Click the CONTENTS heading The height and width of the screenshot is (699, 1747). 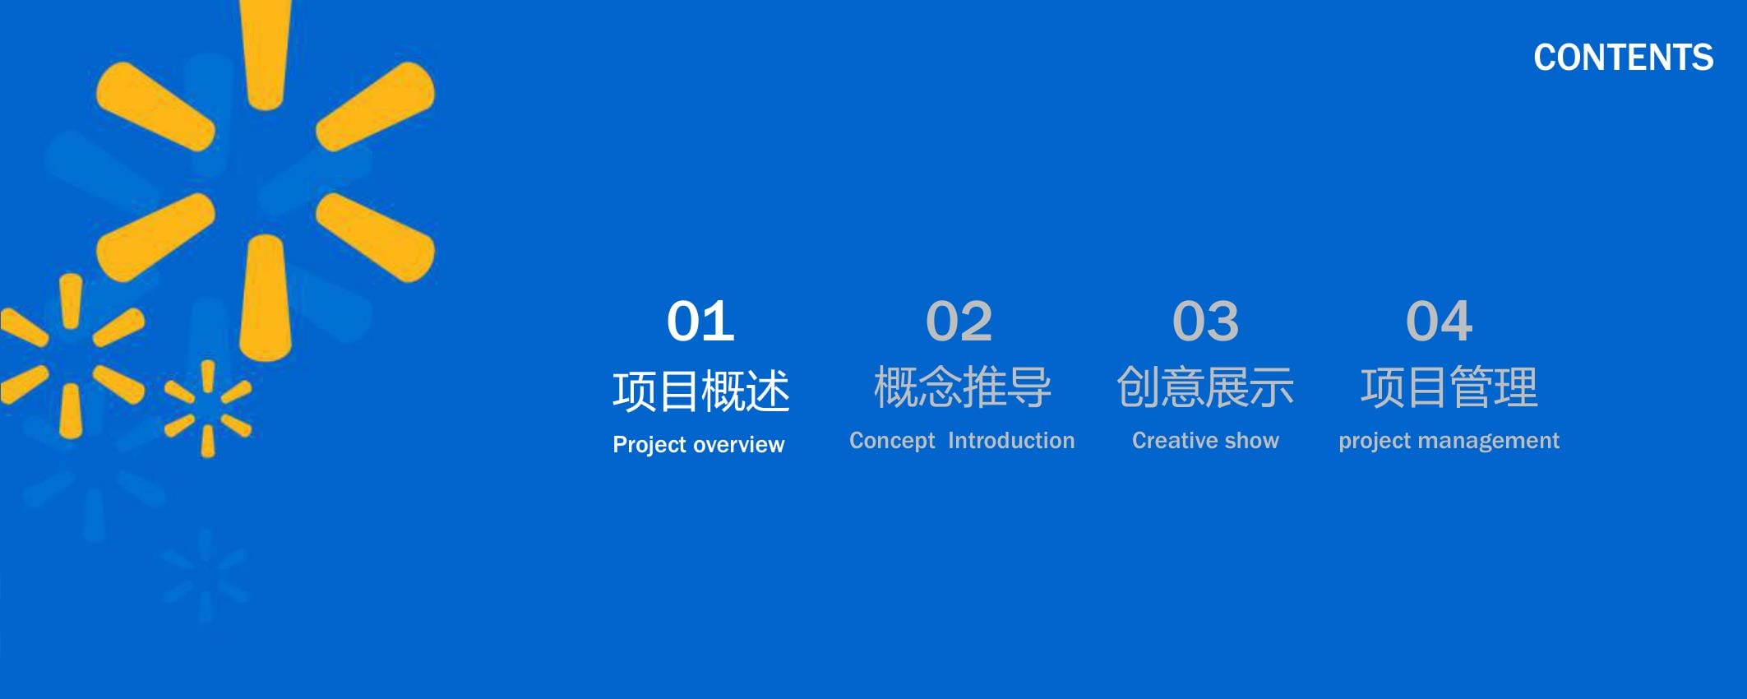(x=1623, y=58)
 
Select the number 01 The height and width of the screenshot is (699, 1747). (x=700, y=321)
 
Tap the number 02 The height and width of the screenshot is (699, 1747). (x=959, y=321)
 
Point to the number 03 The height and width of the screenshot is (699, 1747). (x=1205, y=321)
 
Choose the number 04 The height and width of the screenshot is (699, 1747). (x=1439, y=321)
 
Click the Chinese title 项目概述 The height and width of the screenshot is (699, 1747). (x=700, y=391)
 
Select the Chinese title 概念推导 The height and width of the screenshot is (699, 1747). (x=962, y=387)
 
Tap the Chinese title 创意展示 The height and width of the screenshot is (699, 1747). (x=1205, y=387)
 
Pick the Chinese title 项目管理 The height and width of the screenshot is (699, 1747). (x=1449, y=387)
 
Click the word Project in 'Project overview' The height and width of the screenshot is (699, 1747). (x=649, y=445)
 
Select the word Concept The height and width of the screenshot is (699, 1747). (x=892, y=442)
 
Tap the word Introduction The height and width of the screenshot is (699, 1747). (x=1011, y=441)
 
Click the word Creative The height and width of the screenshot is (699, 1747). (x=1173, y=441)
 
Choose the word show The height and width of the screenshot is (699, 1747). (x=1251, y=441)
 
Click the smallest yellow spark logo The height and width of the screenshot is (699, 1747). (x=208, y=409)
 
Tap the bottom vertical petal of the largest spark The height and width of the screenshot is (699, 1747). (x=265, y=298)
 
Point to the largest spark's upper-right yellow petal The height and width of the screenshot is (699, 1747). (x=375, y=106)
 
